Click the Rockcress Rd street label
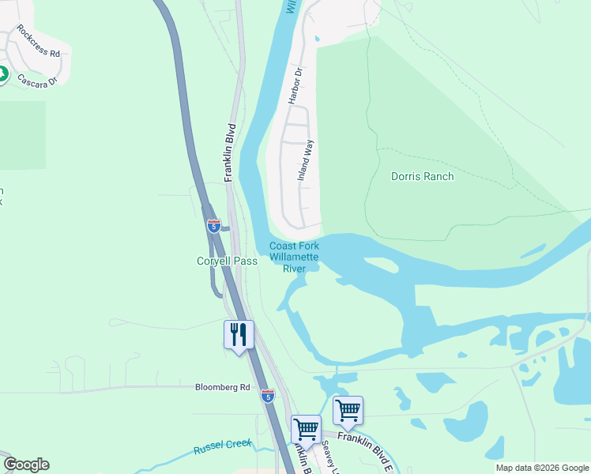tap(38, 45)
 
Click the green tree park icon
tap(2, 75)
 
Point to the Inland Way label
tap(306, 160)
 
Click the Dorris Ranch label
tap(423, 176)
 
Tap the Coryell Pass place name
tap(227, 261)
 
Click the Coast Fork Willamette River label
tap(294, 258)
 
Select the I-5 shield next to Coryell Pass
tap(214, 226)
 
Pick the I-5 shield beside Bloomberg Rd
tap(268, 396)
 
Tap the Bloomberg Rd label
tap(222, 387)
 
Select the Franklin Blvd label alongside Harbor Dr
tap(231, 152)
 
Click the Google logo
tap(26, 465)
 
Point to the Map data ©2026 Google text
tap(542, 468)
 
